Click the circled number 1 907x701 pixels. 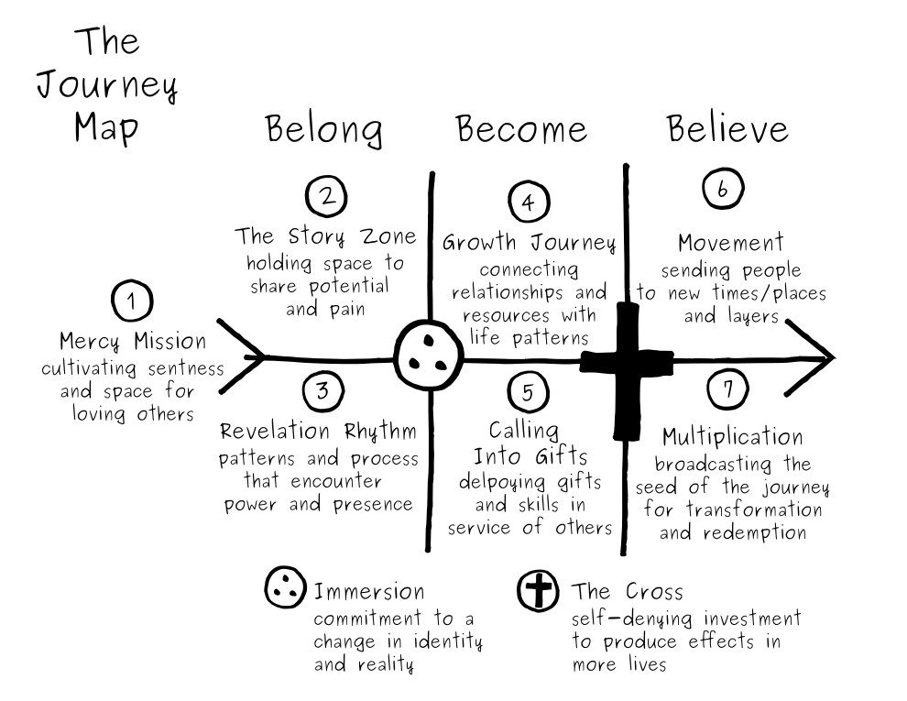[x=134, y=301]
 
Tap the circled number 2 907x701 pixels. [x=324, y=195]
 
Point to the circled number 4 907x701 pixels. [x=529, y=203]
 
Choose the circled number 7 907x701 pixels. [x=727, y=389]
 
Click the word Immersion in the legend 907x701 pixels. [x=369, y=591]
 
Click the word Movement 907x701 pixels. [x=731, y=243]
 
